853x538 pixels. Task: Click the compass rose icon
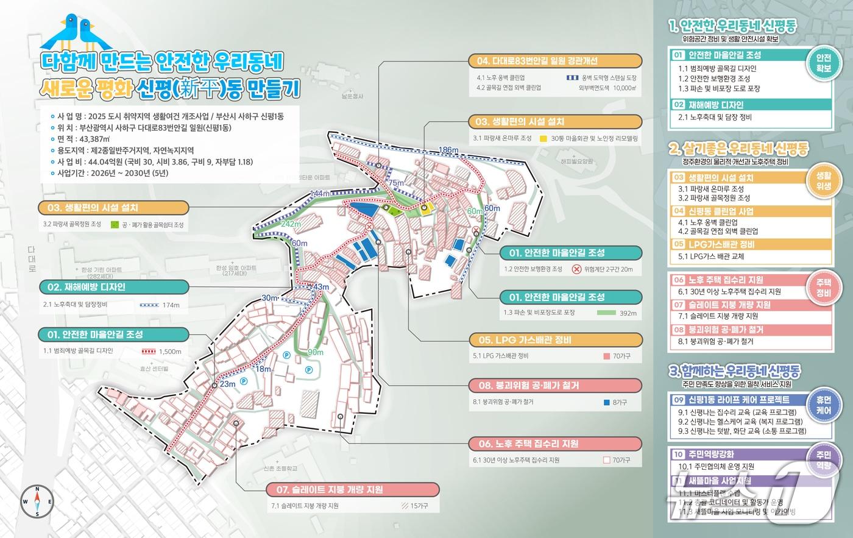point(37,502)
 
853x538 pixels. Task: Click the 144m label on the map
point(320,194)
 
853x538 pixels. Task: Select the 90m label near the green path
point(316,352)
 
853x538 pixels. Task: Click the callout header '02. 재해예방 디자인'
point(82,287)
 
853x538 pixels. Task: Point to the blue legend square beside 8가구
point(606,403)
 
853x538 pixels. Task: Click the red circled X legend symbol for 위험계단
point(576,269)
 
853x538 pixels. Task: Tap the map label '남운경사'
point(352,96)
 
